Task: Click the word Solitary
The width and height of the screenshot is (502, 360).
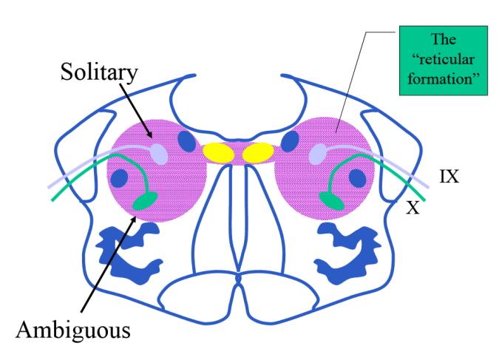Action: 101,72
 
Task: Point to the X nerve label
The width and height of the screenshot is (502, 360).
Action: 413,208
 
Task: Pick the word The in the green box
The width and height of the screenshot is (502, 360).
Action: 444,40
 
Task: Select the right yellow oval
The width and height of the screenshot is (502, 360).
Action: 258,152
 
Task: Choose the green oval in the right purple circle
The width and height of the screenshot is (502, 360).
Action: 332,200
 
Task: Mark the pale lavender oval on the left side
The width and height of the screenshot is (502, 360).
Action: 159,154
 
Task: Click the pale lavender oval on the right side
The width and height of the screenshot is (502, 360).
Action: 318,154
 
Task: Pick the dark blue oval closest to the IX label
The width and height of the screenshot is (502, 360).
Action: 358,178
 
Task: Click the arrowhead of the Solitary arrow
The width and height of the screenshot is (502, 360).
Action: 151,136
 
